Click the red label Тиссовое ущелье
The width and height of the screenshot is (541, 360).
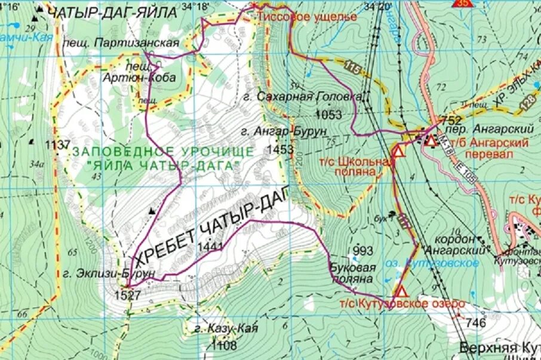pyautogui.click(x=307, y=17)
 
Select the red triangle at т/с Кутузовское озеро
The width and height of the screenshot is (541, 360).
pyautogui.click(x=400, y=292)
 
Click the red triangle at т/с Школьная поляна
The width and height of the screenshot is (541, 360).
pyautogui.click(x=398, y=151)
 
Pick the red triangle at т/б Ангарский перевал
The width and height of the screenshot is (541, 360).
pyautogui.click(x=431, y=141)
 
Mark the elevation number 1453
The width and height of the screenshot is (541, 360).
pyautogui.click(x=281, y=149)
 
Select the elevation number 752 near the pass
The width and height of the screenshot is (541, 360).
pyautogui.click(x=450, y=120)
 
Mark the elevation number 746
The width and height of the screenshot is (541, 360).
pyautogui.click(x=475, y=323)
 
